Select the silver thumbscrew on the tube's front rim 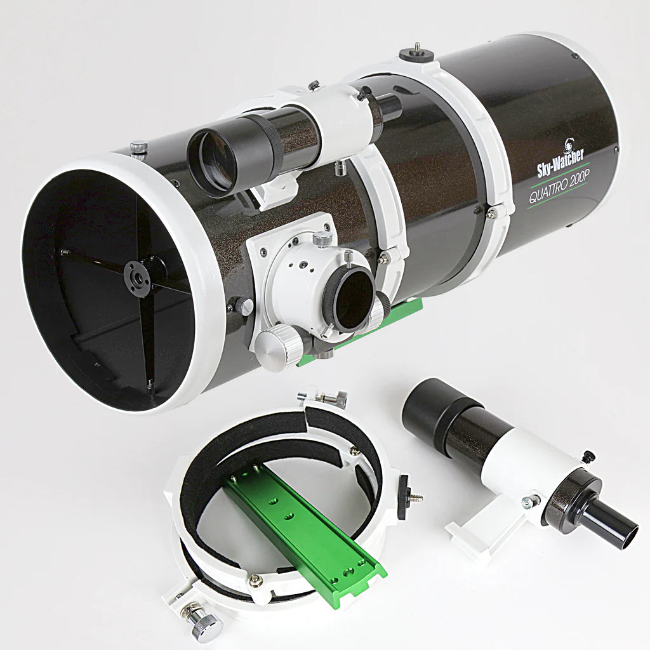[x=138, y=148]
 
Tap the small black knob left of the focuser [x=243, y=306]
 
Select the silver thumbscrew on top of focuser [x=323, y=238]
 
